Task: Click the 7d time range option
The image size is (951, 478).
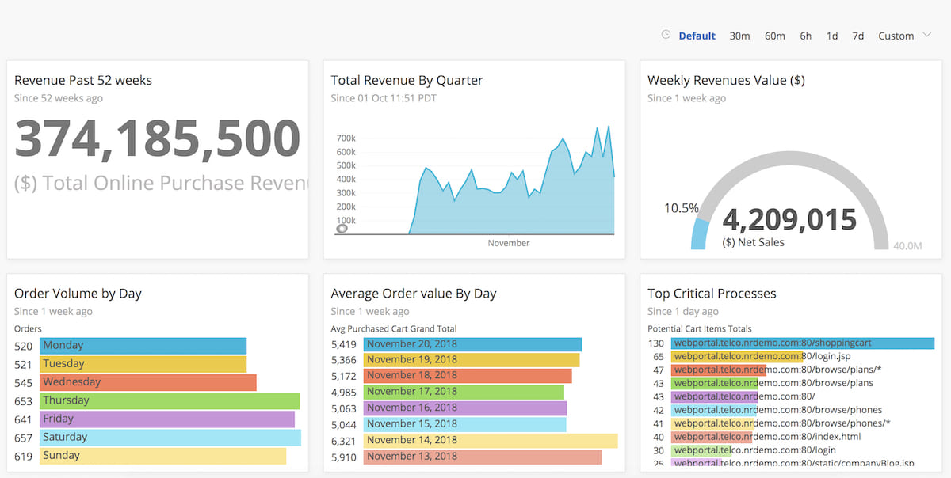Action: coord(857,36)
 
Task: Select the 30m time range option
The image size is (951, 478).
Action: coord(739,36)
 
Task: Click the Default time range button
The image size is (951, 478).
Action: coord(697,36)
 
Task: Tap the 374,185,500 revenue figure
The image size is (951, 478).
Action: coord(157,138)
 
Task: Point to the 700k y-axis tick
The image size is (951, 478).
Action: coord(346,138)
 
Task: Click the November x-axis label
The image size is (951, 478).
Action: coord(509,243)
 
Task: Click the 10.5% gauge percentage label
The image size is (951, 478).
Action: coord(681,208)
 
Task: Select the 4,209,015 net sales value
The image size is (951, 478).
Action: coord(789,219)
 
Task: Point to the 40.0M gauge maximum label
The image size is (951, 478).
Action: coord(907,246)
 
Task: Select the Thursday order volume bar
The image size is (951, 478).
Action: coord(170,400)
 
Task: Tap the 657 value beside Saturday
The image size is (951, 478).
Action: coord(24,438)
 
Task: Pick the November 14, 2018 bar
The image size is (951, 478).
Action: coord(490,441)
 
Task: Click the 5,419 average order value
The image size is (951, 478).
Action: coord(343,344)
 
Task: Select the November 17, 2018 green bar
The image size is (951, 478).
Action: coord(464,392)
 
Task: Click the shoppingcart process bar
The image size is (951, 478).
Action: coord(802,343)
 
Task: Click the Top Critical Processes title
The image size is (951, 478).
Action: coord(712,294)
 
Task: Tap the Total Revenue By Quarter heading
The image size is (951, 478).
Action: coord(407,80)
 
